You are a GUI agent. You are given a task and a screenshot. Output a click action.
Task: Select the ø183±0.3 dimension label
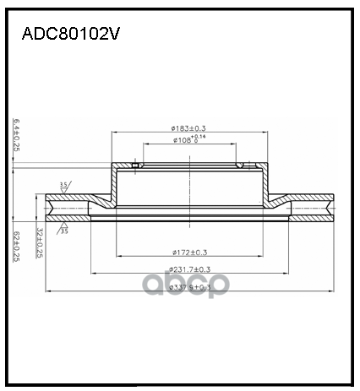[188, 128]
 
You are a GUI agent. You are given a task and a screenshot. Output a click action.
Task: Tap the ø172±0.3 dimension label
[188, 252]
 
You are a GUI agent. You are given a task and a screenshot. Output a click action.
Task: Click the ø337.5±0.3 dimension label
[188, 287]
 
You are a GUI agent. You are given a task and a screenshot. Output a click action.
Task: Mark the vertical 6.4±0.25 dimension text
[17, 136]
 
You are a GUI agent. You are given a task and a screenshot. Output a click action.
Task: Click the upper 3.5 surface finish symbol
[63, 186]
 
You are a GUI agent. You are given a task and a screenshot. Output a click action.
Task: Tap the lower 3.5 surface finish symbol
[63, 228]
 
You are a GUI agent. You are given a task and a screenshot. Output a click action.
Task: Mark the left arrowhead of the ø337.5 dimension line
[47, 292]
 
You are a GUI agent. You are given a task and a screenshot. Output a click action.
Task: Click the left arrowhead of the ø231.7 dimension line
[91, 274]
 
